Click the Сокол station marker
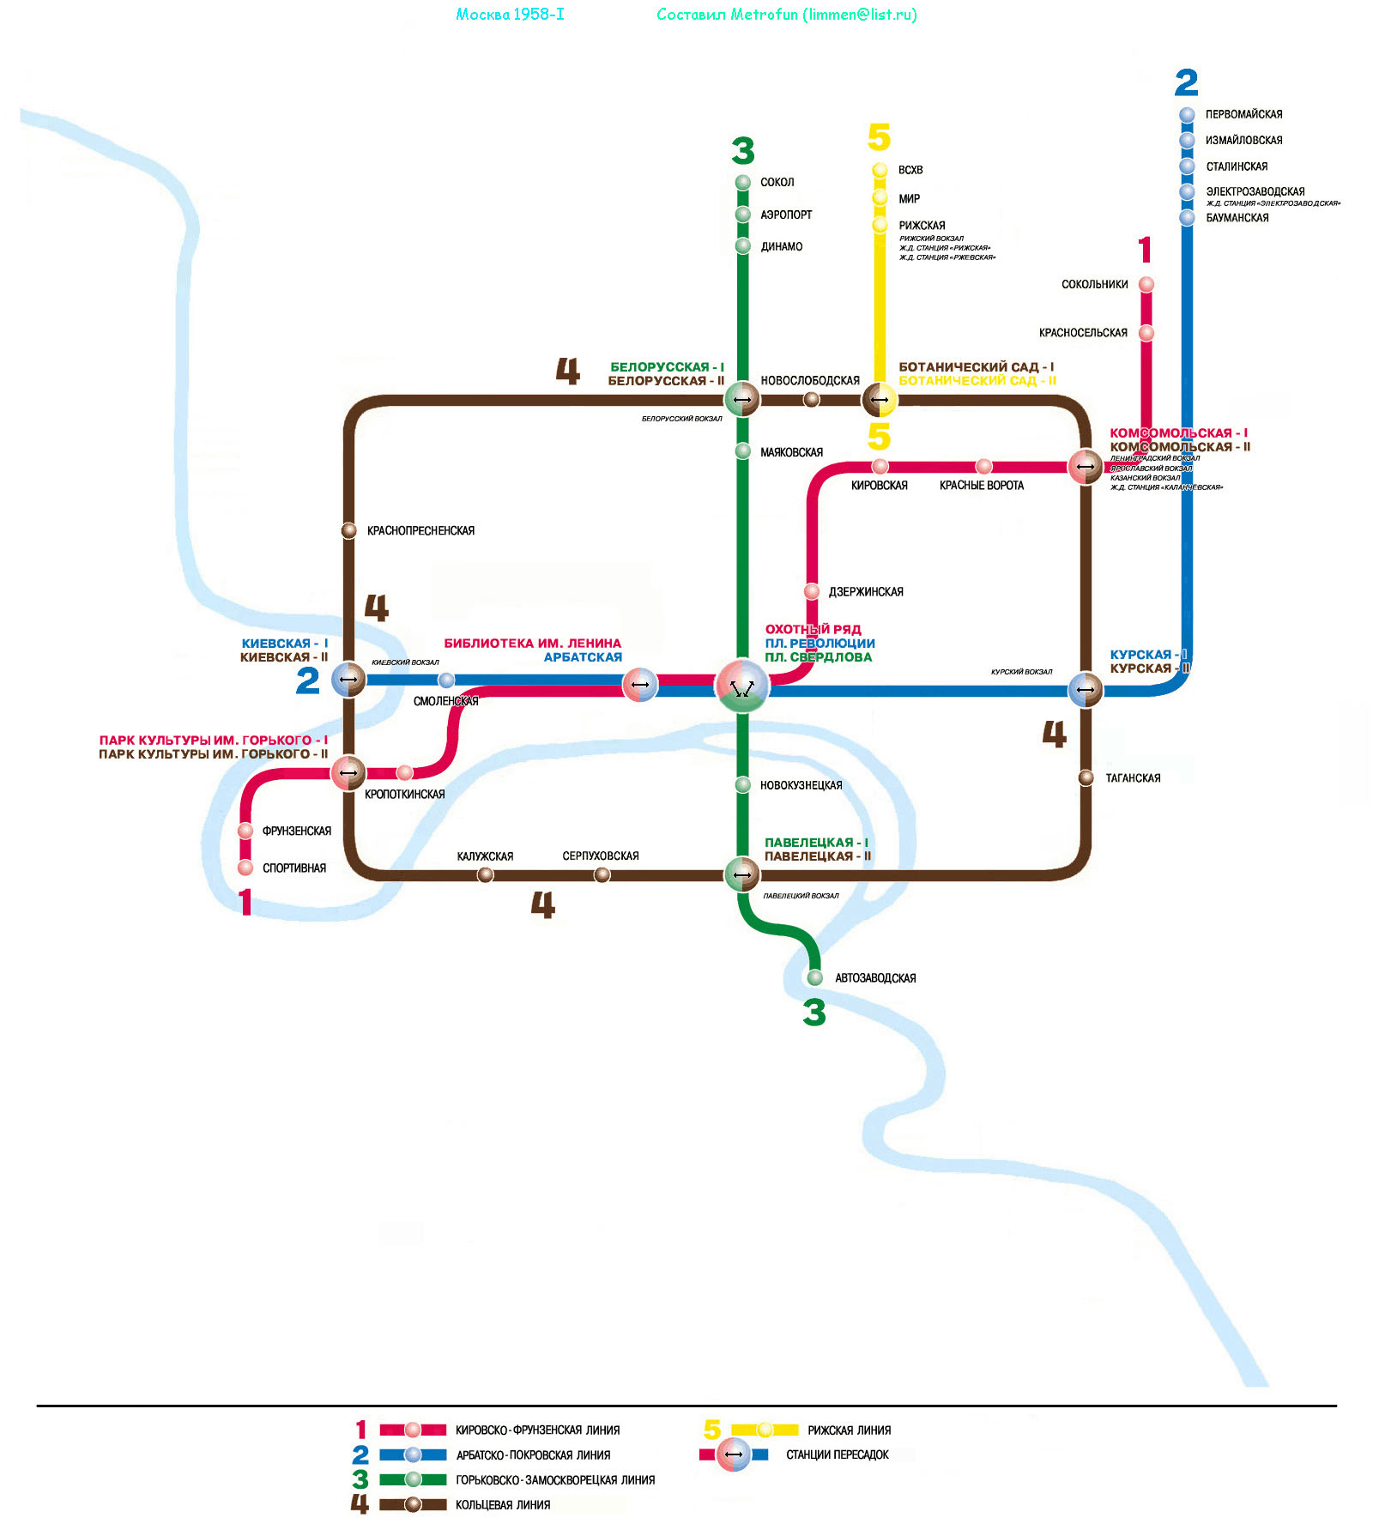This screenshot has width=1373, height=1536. tap(743, 182)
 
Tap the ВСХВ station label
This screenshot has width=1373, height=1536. tap(910, 170)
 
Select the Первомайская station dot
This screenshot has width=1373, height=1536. tap(1187, 114)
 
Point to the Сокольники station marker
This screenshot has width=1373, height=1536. tap(1146, 284)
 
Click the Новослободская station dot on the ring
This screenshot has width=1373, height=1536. tap(811, 399)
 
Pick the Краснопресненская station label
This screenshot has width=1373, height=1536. tap(420, 531)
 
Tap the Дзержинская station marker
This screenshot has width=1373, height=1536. tap(812, 591)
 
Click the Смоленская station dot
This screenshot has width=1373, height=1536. tap(446, 680)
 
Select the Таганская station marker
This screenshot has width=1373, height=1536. tap(1086, 777)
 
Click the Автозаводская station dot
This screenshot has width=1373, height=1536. tap(815, 977)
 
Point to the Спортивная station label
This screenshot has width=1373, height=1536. tap(294, 868)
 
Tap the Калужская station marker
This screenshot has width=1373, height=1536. tap(486, 874)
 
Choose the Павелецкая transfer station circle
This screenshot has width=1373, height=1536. tap(742, 874)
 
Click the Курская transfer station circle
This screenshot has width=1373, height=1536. tap(1086, 689)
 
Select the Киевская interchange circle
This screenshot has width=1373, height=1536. tap(348, 680)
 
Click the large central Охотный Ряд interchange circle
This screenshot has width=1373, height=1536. tap(742, 686)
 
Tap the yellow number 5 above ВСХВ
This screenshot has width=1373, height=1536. tap(880, 137)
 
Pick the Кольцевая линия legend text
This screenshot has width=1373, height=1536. tap(503, 1504)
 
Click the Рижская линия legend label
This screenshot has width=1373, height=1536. tap(849, 1430)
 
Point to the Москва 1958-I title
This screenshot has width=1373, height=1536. tap(510, 15)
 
